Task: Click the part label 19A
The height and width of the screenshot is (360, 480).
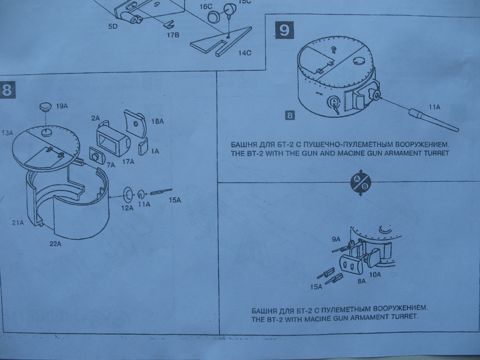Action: pos(62,107)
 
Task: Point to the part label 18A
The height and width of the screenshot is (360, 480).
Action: pos(157,122)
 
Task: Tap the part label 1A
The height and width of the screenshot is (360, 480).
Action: pos(155,151)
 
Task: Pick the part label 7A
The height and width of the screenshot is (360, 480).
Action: pos(111,165)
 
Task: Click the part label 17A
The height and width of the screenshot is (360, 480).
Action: pos(128,162)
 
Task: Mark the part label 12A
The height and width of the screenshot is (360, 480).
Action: pos(127,208)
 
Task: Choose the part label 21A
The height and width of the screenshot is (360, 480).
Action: pos(18,223)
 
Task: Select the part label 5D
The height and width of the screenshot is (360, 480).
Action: pos(112,27)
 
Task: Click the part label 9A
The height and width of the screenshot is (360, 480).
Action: pos(336,239)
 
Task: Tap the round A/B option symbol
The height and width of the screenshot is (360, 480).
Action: pos(360,182)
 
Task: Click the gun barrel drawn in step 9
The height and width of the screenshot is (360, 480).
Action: pos(433,120)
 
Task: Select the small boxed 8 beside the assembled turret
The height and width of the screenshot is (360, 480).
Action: pos(290,115)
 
